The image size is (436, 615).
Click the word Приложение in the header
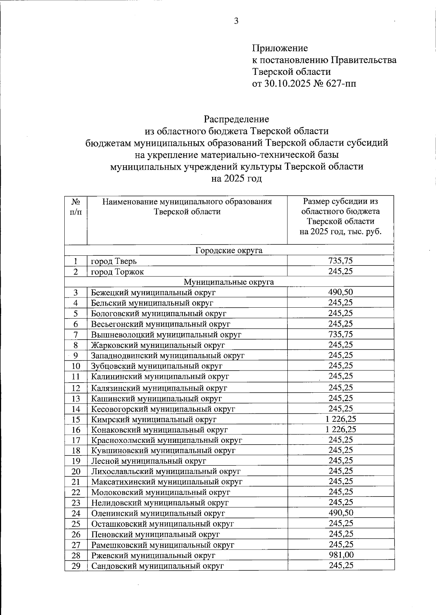pyautogui.click(x=280, y=48)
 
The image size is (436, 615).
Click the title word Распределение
pyautogui.click(x=236, y=119)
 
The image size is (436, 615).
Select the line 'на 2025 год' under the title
pyautogui.click(x=236, y=179)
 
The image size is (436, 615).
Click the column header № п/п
pyautogui.click(x=76, y=206)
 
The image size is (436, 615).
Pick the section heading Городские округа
pyautogui.click(x=229, y=251)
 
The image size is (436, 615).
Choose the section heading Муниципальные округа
pyautogui.click(x=229, y=282)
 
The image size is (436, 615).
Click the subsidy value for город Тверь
pyautogui.click(x=340, y=260)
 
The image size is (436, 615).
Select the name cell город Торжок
pyautogui.click(x=117, y=272)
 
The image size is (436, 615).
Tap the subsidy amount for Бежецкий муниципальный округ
pyautogui.click(x=340, y=292)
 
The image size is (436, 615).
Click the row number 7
pyautogui.click(x=76, y=334)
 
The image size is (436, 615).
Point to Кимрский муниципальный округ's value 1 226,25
pyautogui.click(x=340, y=419)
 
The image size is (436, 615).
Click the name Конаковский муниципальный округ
pyautogui.click(x=160, y=430)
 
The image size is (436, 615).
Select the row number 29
pyautogui.click(x=76, y=566)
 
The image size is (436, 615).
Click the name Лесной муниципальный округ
pyautogui.click(x=149, y=461)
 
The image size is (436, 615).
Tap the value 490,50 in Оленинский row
pyautogui.click(x=340, y=513)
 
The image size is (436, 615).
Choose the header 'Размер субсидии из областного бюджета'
pyautogui.click(x=340, y=206)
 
